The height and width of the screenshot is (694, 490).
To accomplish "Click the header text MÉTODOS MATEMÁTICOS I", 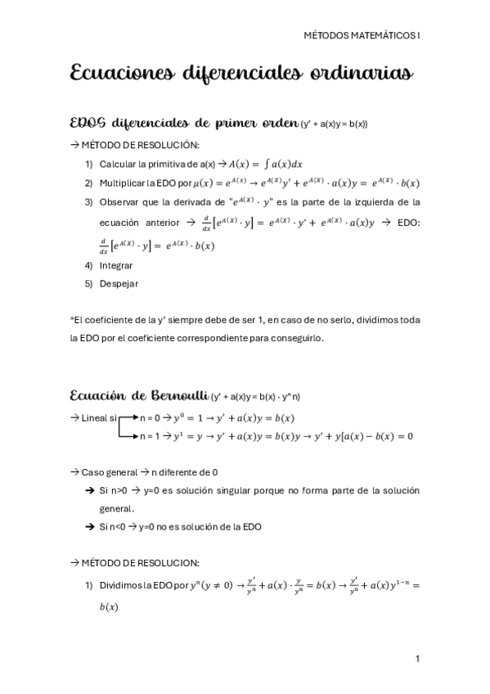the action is pyautogui.click(x=361, y=36).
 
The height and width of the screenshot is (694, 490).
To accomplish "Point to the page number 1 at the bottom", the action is pyautogui.click(x=417, y=659).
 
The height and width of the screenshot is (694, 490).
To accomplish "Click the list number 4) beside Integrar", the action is pyautogui.click(x=89, y=265).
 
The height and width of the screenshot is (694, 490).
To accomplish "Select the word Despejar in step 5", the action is pyautogui.click(x=119, y=283).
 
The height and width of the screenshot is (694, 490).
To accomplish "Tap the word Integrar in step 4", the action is pyautogui.click(x=116, y=265).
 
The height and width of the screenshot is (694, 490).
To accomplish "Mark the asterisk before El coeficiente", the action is pyautogui.click(x=72, y=319).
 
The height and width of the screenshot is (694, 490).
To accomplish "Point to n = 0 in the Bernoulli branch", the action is pyautogui.click(x=150, y=418).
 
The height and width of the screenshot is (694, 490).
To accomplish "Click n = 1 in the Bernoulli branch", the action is pyautogui.click(x=150, y=435).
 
